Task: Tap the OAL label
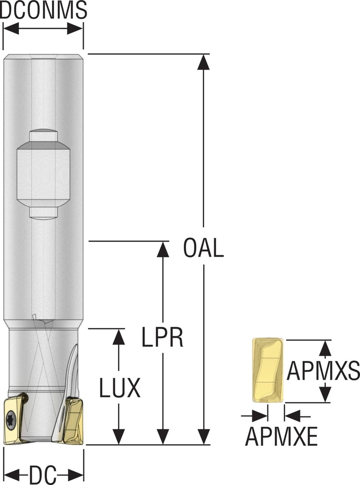(x=204, y=249)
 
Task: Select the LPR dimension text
(x=162, y=337)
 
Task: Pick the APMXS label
(x=324, y=371)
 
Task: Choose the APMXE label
(x=281, y=437)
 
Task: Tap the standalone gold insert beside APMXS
(x=268, y=370)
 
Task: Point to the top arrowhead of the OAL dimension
(x=204, y=62)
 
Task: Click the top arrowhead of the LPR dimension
(x=162, y=249)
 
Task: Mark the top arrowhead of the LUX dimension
(x=119, y=336)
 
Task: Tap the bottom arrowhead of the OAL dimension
(x=204, y=437)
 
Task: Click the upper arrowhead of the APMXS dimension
(x=324, y=348)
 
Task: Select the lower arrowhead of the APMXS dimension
(x=324, y=394)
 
